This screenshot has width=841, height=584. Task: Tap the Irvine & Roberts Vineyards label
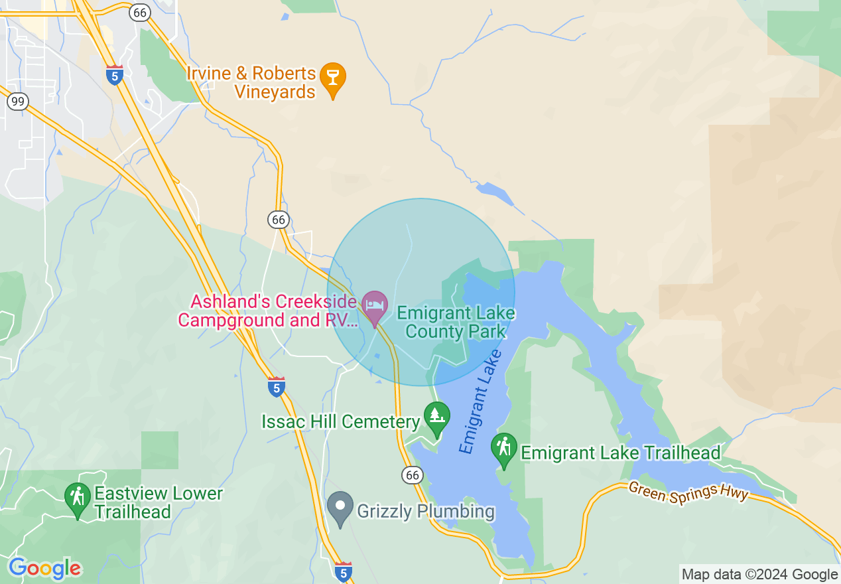click(251, 82)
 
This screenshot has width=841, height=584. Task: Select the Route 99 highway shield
click(17, 102)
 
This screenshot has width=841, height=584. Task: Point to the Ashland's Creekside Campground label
click(267, 311)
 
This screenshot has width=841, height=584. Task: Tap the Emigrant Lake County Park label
click(456, 322)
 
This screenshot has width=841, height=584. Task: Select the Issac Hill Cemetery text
click(341, 421)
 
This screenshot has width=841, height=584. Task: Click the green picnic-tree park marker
click(436, 417)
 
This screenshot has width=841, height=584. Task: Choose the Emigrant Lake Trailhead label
click(620, 453)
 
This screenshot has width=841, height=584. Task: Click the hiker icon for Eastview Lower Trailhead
click(78, 498)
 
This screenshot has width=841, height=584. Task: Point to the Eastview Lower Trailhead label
click(159, 503)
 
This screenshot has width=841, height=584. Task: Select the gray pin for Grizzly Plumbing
click(340, 507)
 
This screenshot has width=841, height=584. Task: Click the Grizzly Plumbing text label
click(426, 512)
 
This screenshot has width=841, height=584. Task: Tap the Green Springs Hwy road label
click(688, 492)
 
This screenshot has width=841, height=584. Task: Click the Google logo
click(45, 568)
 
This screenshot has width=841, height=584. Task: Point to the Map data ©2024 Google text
click(759, 575)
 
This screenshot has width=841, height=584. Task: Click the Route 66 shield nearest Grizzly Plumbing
click(412, 475)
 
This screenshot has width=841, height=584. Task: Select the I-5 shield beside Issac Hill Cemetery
click(277, 386)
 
